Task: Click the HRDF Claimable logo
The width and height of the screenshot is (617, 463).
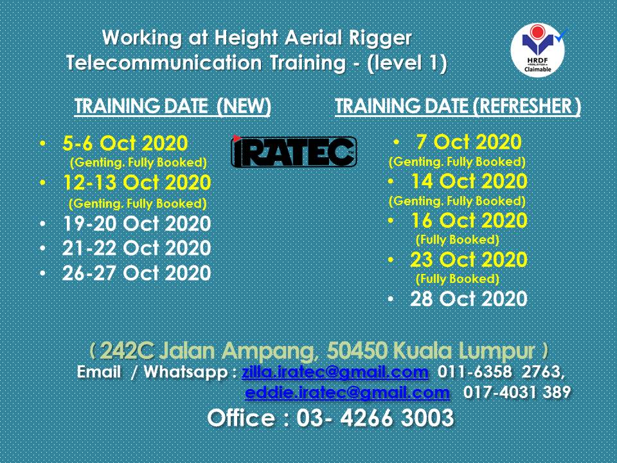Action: click(x=537, y=51)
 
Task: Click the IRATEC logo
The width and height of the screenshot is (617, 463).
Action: click(x=293, y=152)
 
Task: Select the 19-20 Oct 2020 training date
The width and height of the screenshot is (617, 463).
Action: click(x=136, y=224)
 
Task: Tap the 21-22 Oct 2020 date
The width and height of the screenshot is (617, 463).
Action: click(x=136, y=248)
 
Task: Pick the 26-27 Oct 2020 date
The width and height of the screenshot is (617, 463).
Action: click(x=136, y=273)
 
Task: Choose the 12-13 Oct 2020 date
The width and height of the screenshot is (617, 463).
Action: click(x=136, y=183)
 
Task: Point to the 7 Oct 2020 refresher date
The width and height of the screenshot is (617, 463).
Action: click(x=469, y=141)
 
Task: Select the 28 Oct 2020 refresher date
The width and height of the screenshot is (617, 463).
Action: click(x=469, y=300)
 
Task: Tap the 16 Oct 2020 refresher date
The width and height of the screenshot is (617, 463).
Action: click(x=469, y=221)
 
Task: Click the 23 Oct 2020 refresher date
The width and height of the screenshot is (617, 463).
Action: click(x=469, y=260)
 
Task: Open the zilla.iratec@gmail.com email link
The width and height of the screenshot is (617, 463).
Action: click(x=335, y=372)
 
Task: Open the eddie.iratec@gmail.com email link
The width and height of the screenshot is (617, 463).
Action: click(x=347, y=392)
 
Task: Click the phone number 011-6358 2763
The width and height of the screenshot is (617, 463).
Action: click(x=500, y=372)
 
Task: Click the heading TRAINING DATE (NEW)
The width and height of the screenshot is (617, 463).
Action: click(x=172, y=107)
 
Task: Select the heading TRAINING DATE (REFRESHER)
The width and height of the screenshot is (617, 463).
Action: click(x=458, y=107)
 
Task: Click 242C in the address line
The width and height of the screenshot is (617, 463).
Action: click(x=127, y=351)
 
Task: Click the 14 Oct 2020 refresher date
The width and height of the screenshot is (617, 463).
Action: click(x=469, y=181)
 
